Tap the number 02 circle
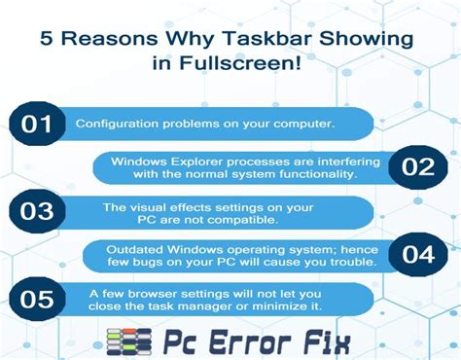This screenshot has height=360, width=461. [417, 166]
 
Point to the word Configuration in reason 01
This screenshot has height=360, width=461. [114, 126]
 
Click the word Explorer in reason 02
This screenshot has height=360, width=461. [215, 159]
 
